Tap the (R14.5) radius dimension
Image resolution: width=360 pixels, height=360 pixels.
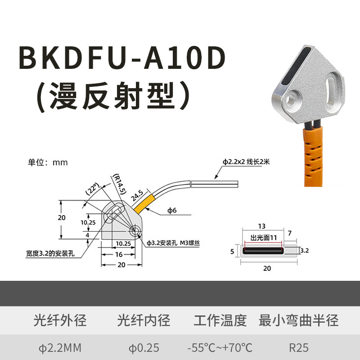pyautogui.click(x=118, y=184)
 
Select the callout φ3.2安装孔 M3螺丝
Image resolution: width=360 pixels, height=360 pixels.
pyautogui.click(x=173, y=243)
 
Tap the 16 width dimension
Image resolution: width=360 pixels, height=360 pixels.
pyautogui.click(x=117, y=254)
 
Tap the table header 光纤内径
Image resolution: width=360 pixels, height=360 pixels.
pyautogui.click(x=144, y=321)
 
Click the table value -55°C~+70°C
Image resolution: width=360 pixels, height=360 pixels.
pyautogui.click(x=220, y=348)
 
